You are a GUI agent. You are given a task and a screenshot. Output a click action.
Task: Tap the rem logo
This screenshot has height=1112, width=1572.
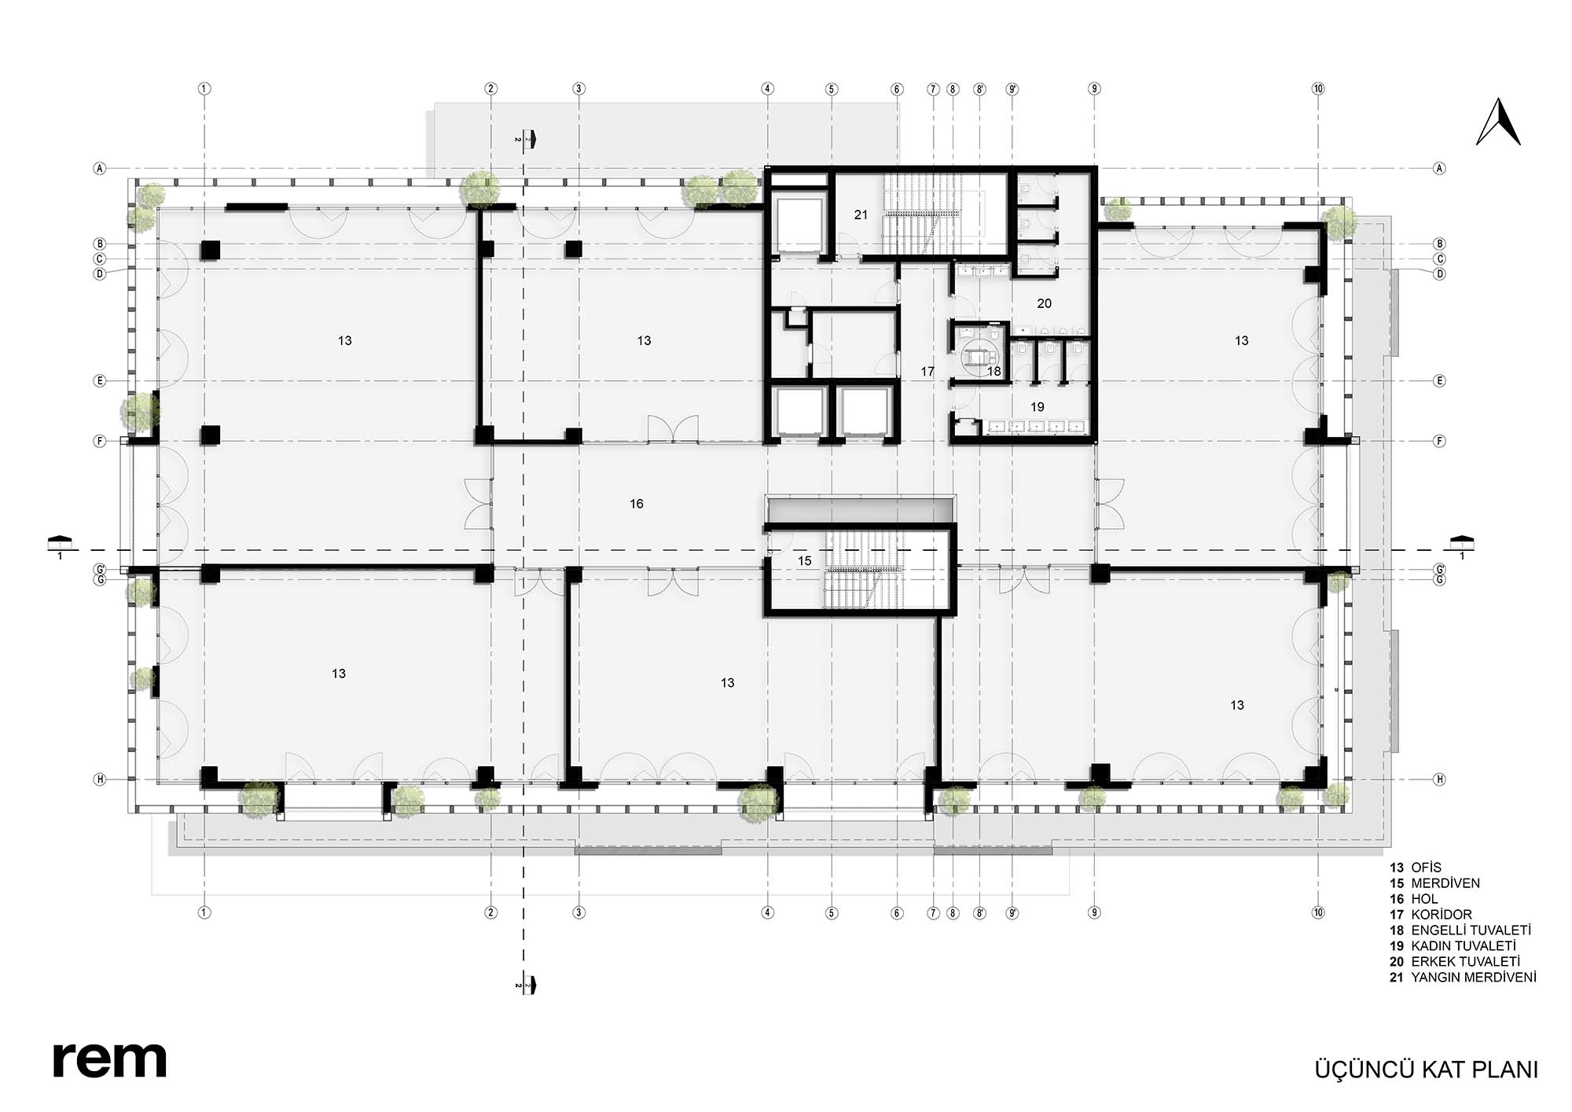(109, 1060)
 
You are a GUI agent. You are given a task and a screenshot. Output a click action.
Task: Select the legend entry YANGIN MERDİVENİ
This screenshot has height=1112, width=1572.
(1473, 978)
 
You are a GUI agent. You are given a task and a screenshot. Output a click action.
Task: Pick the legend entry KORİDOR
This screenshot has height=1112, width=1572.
(1442, 915)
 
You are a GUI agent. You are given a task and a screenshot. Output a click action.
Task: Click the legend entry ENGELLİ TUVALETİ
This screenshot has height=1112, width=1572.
(1471, 930)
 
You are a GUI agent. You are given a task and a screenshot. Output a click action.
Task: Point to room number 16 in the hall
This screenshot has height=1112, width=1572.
(637, 504)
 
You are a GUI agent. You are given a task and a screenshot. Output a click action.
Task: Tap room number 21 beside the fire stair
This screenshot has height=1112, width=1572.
(861, 215)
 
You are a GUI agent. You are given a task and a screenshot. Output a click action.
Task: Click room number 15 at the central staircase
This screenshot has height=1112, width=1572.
(805, 561)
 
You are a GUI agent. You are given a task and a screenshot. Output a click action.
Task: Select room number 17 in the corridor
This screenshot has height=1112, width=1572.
(927, 372)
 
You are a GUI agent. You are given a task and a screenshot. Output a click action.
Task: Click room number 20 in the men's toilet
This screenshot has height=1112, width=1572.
(1044, 304)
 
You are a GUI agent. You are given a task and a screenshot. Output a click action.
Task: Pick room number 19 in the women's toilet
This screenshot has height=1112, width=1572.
(1038, 407)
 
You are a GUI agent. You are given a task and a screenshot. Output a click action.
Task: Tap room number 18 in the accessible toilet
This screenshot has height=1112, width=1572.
(994, 371)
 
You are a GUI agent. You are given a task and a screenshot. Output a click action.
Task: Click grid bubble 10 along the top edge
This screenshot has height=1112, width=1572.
(1318, 89)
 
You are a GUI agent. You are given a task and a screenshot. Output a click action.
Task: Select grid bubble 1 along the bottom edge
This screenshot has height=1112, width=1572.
(204, 913)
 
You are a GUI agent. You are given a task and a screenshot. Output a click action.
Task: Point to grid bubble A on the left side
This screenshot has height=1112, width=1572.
(100, 168)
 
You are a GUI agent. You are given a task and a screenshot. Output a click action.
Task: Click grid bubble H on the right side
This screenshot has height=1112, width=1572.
(1440, 780)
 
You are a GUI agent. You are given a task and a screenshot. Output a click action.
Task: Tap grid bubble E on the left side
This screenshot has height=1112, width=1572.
(100, 381)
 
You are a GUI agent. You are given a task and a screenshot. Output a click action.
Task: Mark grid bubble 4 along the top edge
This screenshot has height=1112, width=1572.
(768, 89)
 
